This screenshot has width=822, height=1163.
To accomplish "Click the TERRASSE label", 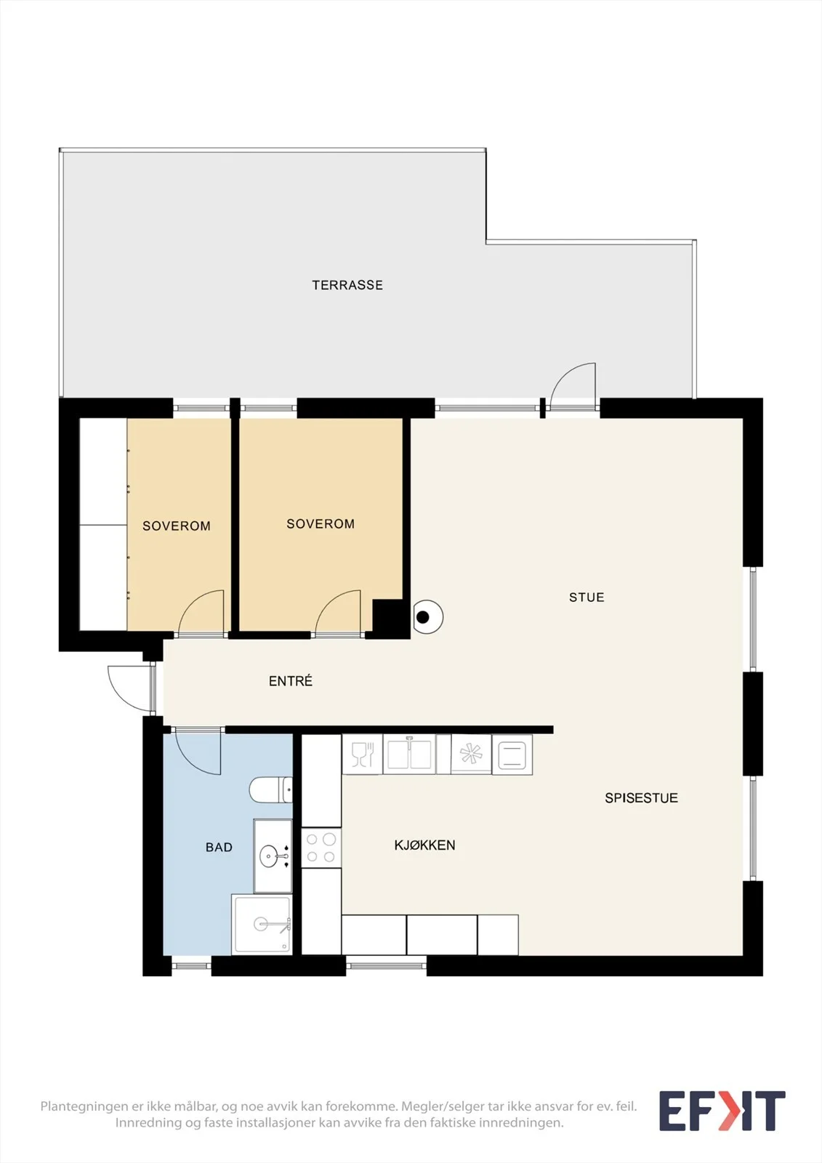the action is (x=347, y=285).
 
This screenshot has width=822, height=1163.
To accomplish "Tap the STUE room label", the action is (x=587, y=597).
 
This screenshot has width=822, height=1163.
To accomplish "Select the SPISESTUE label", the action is (x=641, y=798).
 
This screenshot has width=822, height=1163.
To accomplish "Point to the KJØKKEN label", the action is (x=424, y=845).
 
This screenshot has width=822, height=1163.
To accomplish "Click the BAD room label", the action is (x=219, y=848).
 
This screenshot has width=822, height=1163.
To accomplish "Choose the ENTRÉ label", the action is (x=291, y=680).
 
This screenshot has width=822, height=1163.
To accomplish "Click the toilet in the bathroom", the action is (x=270, y=789).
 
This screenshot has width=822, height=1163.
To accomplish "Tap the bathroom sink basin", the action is (x=269, y=855).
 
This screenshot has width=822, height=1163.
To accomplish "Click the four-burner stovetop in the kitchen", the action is (x=321, y=848).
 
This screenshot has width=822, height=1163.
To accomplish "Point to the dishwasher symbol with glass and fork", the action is (x=363, y=754).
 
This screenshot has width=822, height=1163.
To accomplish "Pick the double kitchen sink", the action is (x=409, y=754).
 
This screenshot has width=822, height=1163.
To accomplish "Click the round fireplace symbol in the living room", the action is (x=427, y=617).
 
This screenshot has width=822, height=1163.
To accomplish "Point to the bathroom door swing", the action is (x=198, y=752).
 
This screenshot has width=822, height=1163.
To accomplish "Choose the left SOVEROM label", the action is (x=177, y=526).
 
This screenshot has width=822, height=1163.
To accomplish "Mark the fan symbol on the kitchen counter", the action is (x=471, y=754).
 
